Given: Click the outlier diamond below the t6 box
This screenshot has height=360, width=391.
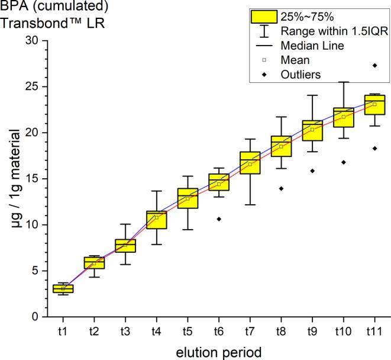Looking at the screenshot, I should pos(219,219).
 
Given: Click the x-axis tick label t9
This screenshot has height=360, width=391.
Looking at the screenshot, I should pos(312,329).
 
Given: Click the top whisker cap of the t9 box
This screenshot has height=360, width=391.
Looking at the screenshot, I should pos(312,95).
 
